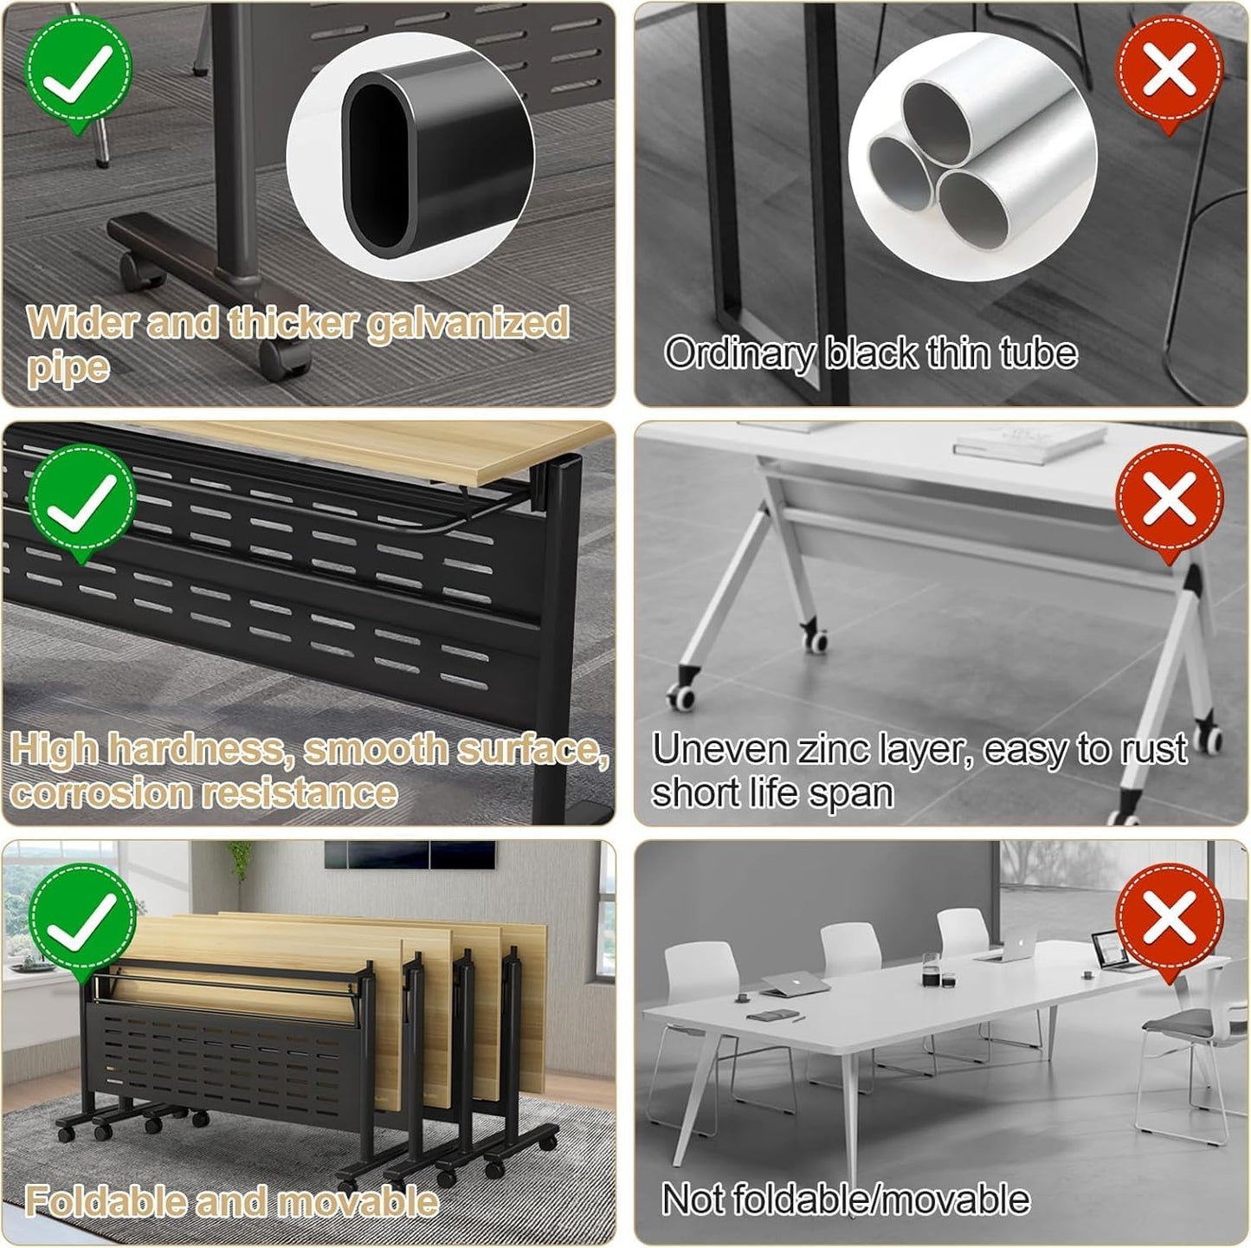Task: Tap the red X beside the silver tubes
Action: point(1169,70)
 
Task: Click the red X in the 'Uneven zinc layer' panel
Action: point(1169,500)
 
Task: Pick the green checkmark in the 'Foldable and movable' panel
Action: point(81,919)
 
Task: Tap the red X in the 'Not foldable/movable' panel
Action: point(1169,919)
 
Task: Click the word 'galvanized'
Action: point(468,324)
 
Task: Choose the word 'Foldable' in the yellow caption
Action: point(104,1202)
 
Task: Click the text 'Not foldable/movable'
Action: point(845,1200)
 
